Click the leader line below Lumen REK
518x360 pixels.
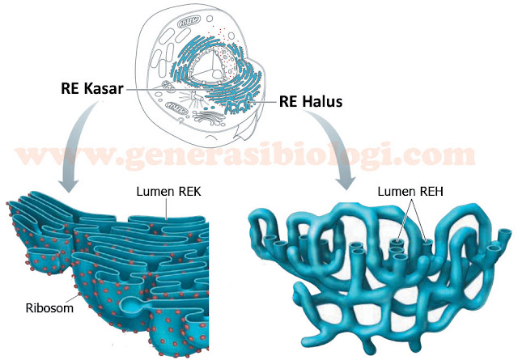tap(167, 210)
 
